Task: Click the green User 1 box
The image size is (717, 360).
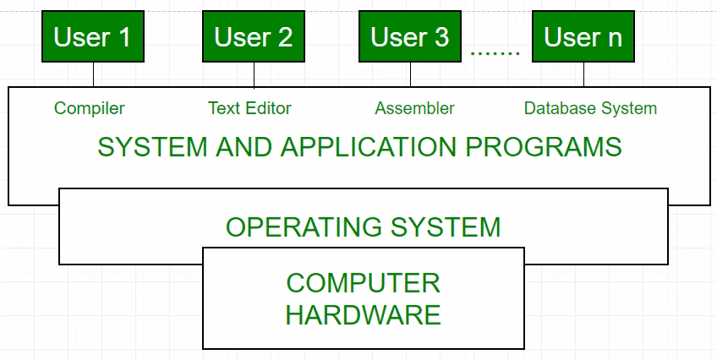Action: tap(93, 38)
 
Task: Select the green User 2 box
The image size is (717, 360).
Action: tap(253, 38)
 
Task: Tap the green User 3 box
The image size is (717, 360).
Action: tap(410, 38)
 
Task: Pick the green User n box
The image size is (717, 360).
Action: tap(583, 38)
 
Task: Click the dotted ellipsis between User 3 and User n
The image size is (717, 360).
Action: tap(495, 52)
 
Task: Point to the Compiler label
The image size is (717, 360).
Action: tap(89, 108)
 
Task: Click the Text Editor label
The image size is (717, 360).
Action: tap(249, 108)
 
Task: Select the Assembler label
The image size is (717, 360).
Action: tap(414, 108)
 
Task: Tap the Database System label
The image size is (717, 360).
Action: tap(590, 108)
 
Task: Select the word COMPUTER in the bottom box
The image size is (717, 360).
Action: tap(363, 282)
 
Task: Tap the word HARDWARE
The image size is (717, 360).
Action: tap(363, 315)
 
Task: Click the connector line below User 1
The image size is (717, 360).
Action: tap(93, 74)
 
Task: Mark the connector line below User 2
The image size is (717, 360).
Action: tap(253, 74)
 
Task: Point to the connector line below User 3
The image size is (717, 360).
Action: tap(410, 74)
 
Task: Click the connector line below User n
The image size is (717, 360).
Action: tap(583, 74)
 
